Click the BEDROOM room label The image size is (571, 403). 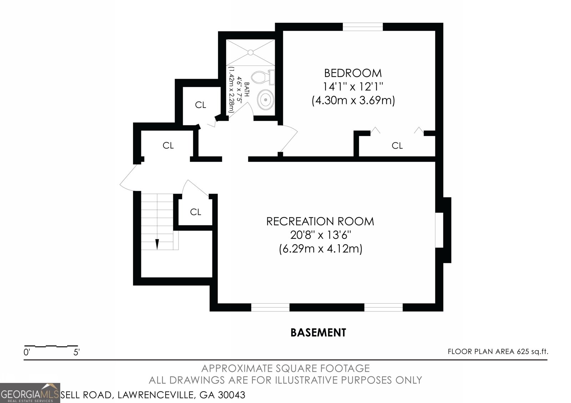[x=353, y=73]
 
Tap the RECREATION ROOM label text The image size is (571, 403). [x=320, y=221]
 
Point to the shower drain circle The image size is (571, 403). [x=251, y=52]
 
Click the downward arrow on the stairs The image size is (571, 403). [x=157, y=244]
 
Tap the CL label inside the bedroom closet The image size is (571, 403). [x=397, y=145]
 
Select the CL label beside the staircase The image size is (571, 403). [x=195, y=212]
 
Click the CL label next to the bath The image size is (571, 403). [x=201, y=105]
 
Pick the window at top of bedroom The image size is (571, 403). [x=363, y=27]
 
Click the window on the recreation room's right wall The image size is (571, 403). [x=439, y=230]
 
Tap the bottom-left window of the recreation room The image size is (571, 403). [x=270, y=307]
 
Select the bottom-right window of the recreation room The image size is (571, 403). [x=383, y=307]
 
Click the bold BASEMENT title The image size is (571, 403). [x=318, y=333]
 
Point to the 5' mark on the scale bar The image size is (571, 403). [x=76, y=353]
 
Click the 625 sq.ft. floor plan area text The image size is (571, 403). [x=532, y=352]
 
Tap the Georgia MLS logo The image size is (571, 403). [x=30, y=393]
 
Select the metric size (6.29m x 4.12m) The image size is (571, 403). [x=320, y=248]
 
